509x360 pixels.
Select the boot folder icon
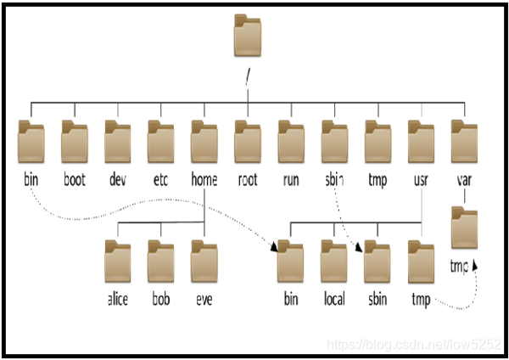[x=75, y=140]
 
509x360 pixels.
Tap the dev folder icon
[x=118, y=140]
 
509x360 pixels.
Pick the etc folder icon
[x=161, y=140]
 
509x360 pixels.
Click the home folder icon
[x=204, y=140]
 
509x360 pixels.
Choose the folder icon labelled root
[x=248, y=140]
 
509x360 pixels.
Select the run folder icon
[x=291, y=140]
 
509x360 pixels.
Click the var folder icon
[x=464, y=140]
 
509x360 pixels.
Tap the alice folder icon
[x=118, y=262]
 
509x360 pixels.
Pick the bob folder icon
[x=161, y=262]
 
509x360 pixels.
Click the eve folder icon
[x=204, y=262]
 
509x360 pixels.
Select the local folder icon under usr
[x=334, y=262]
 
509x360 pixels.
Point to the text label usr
[x=421, y=180]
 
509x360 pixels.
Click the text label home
[x=204, y=180]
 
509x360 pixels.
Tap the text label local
[x=334, y=301]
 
